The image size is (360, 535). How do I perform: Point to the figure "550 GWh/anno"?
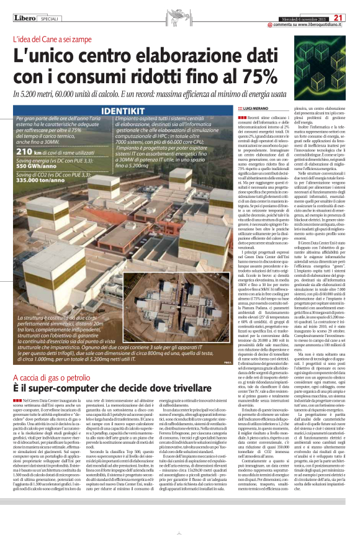(x=39, y=166)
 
